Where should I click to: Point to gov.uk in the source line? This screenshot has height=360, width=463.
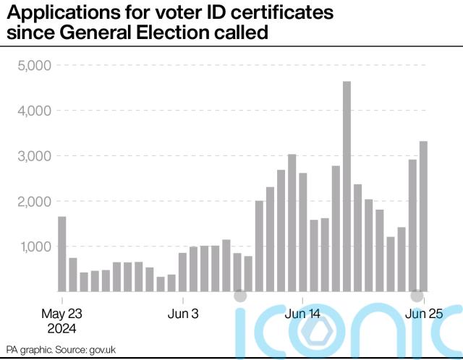click(103, 349)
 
